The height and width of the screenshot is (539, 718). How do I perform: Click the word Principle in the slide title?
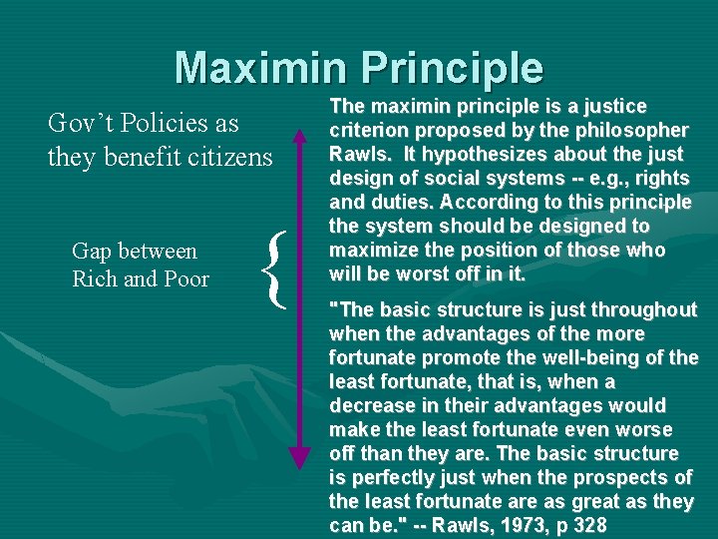pos(460,67)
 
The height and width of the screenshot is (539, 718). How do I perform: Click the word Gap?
pos(93,252)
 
